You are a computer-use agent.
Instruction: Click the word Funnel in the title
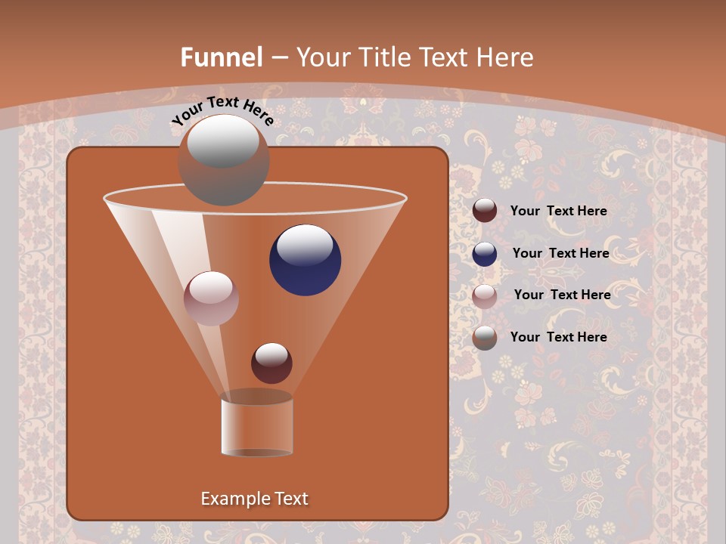222,57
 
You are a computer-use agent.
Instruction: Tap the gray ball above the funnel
223,160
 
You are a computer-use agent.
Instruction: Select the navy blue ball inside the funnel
305,260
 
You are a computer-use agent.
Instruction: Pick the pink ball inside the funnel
211,298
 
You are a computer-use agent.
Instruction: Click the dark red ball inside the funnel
271,363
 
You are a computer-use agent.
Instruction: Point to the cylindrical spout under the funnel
257,426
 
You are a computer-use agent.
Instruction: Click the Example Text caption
255,499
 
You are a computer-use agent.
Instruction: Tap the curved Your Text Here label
222,110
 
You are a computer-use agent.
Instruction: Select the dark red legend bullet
485,211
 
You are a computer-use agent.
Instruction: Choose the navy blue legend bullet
485,253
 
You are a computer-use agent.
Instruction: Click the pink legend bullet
485,295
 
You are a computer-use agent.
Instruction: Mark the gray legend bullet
485,338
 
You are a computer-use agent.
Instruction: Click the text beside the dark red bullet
558,211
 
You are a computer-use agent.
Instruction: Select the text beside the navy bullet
560,253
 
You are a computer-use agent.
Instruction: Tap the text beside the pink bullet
562,295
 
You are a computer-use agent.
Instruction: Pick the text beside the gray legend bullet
558,337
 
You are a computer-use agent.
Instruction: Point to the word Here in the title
504,57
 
